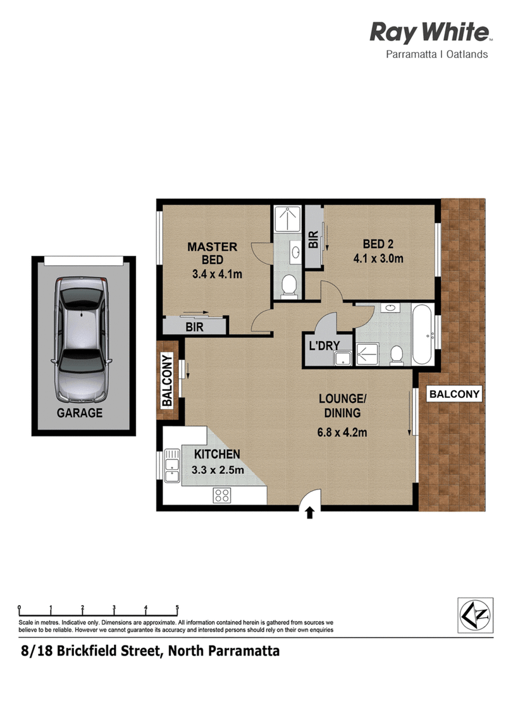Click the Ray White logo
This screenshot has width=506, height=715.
[429, 40]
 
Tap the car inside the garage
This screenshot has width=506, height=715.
[82, 339]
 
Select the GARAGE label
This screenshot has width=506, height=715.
[80, 413]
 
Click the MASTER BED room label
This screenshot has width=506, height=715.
[213, 253]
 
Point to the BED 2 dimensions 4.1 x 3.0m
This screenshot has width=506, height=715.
[378, 258]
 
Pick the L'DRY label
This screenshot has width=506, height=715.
[324, 345]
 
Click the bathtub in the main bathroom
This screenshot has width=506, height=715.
[423, 334]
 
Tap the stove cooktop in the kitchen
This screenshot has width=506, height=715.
[222, 495]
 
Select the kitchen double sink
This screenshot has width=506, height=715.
[171, 465]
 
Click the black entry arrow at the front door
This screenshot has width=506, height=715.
[310, 512]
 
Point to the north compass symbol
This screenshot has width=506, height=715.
[476, 615]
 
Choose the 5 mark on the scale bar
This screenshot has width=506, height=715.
[177, 608]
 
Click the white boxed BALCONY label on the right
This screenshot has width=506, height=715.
[454, 394]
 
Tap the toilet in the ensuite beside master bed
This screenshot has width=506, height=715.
[288, 286]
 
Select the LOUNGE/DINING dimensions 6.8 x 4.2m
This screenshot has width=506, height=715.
[342, 432]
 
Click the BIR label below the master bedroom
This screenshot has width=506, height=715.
[195, 327]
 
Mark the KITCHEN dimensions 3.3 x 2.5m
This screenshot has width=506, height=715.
[218, 470]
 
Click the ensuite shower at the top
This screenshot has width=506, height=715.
[288, 219]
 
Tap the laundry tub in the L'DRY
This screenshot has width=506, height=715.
[343, 358]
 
